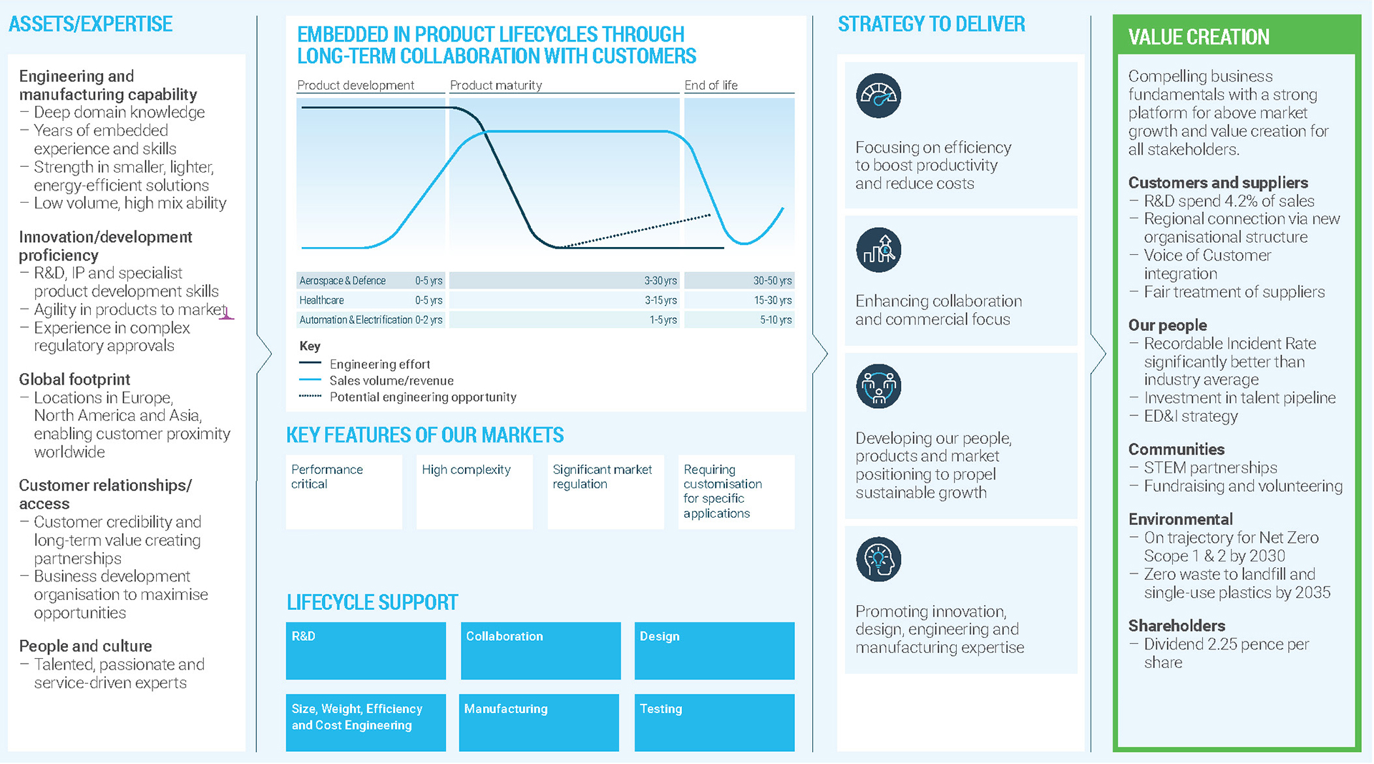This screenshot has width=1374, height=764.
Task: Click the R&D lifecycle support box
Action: [365, 650]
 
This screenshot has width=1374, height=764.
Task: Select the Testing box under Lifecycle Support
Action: [714, 722]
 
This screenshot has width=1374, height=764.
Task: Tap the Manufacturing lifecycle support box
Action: [539, 722]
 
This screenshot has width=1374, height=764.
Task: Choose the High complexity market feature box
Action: [474, 491]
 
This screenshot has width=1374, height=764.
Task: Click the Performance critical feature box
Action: [343, 491]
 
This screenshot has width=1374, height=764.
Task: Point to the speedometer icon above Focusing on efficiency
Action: [878, 96]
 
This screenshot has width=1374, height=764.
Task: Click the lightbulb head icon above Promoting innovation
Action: [878, 559]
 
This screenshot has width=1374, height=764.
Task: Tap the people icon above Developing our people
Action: [878, 387]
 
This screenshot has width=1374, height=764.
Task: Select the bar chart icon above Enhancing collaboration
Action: [878, 250]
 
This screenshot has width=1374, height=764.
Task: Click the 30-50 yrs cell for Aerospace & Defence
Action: [771, 281]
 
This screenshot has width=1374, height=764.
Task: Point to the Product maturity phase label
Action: [496, 85]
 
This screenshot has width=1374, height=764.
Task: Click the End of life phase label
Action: [711, 85]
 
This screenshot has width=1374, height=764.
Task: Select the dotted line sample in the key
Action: [310, 396]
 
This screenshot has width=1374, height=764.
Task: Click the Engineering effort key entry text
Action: [379, 364]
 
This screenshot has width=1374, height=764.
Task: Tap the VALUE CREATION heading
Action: [1199, 37]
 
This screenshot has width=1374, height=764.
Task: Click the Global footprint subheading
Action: [74, 379]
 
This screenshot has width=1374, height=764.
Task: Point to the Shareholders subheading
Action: [1176, 626]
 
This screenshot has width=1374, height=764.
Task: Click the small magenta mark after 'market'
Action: [227, 314]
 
